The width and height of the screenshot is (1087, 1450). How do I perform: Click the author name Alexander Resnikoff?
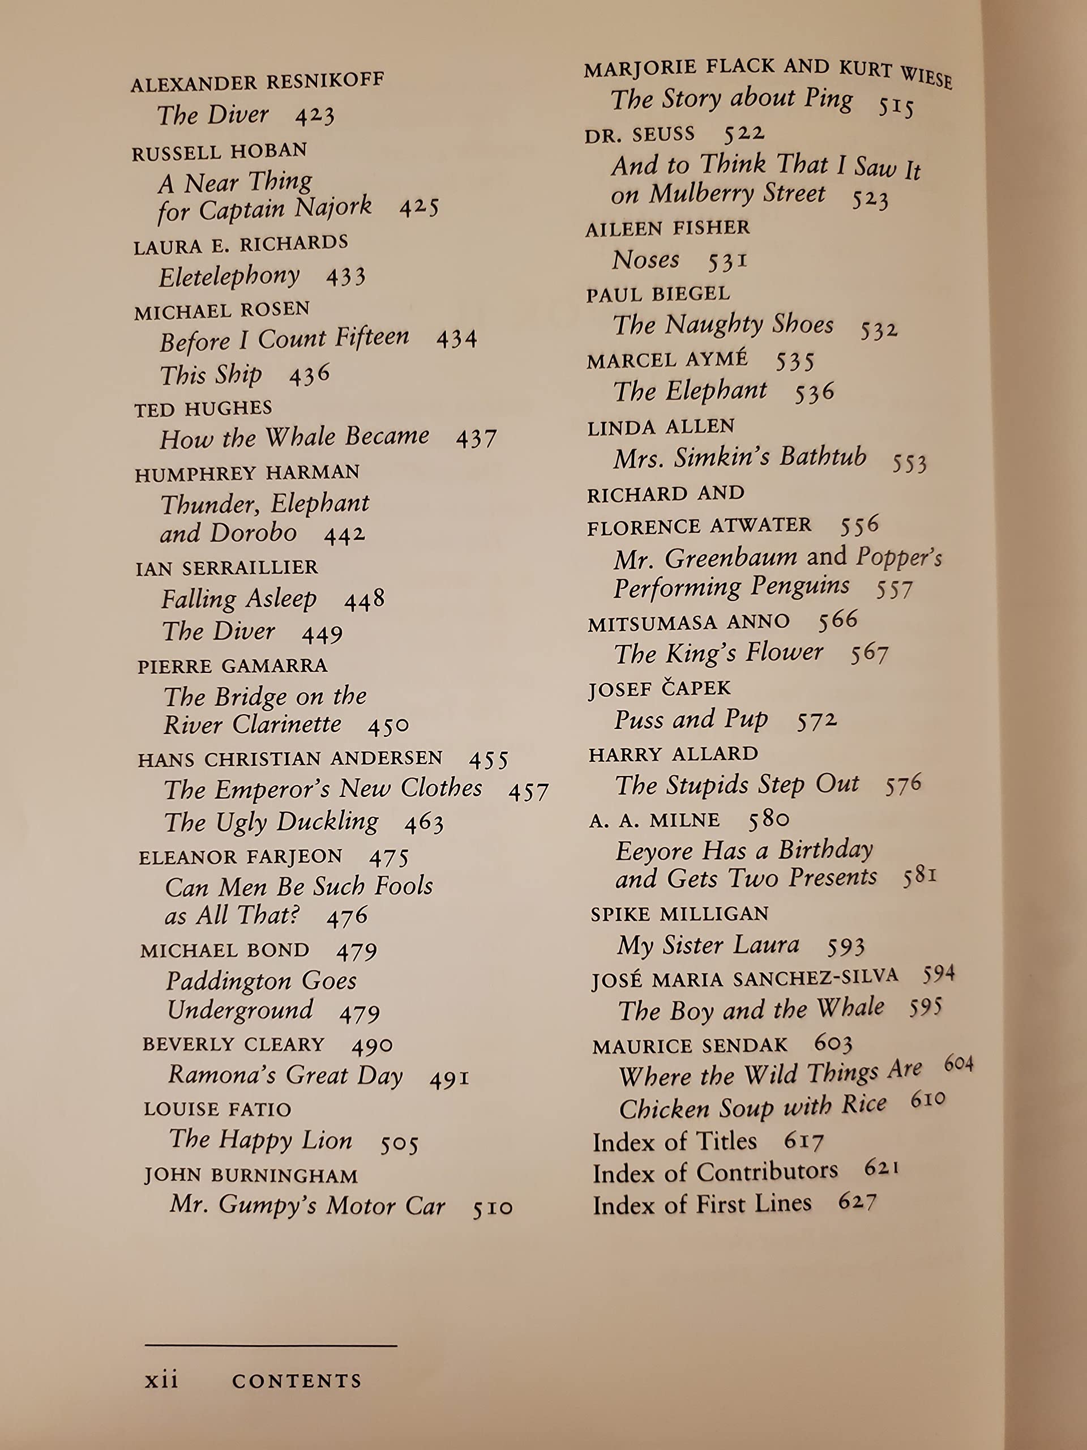[x=257, y=83]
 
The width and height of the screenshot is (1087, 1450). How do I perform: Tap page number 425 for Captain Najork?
[x=419, y=208]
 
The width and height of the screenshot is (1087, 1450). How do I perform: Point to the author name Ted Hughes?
[x=203, y=409]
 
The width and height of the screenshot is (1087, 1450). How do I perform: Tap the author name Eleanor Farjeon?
[x=241, y=857]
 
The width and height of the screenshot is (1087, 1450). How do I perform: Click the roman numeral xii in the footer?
[x=162, y=1380]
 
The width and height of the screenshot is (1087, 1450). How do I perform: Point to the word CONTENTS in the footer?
[x=297, y=1381]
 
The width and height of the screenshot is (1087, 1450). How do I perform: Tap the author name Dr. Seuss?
[x=640, y=135]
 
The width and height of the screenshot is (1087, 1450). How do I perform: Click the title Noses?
[x=646, y=260]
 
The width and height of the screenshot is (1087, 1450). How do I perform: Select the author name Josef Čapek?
[x=659, y=689]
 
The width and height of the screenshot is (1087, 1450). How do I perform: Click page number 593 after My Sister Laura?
[x=845, y=946]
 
